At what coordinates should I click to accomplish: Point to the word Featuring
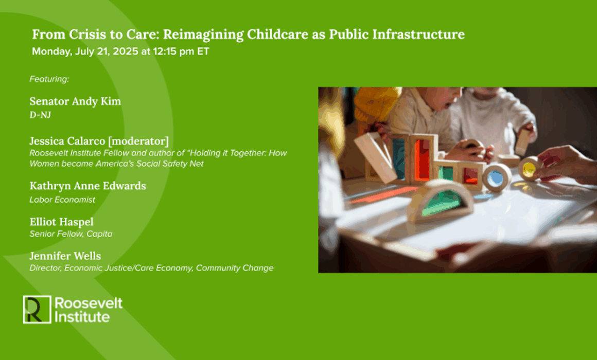click(49, 79)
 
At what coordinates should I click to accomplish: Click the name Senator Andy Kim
click(75, 101)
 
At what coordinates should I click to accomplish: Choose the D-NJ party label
click(40, 115)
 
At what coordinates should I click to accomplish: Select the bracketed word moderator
click(138, 141)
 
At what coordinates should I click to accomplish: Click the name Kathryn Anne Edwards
click(88, 186)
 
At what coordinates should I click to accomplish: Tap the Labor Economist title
click(62, 200)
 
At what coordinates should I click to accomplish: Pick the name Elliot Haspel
click(62, 222)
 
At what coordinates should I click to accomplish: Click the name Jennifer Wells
click(65, 256)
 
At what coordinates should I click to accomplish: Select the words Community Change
click(235, 268)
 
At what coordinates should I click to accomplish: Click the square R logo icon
click(37, 310)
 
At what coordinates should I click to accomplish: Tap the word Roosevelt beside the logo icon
click(89, 303)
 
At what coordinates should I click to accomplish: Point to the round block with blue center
click(497, 177)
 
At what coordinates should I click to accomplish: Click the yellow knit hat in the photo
click(375, 103)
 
